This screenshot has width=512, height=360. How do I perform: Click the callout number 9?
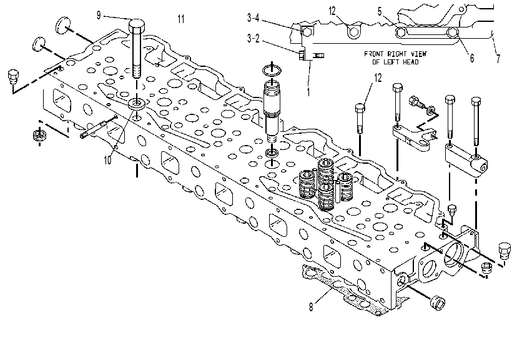pos(99,16)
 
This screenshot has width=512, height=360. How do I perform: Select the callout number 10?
pos(108,160)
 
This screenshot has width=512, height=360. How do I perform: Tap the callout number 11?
pos(181,19)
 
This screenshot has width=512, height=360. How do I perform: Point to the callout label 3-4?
pos(253,17)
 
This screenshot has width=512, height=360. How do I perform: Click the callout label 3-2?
pos(253,38)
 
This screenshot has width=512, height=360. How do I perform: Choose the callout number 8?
pos(311,307)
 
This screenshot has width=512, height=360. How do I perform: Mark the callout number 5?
pos(380,11)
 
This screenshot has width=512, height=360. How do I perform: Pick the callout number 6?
pos(472,58)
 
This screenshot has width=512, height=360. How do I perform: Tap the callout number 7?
pos(498,59)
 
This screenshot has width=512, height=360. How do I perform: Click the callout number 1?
pos(308,92)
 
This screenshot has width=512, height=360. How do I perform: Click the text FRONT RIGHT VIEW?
pos(395,54)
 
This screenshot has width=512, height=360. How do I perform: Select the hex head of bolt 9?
pos(137,26)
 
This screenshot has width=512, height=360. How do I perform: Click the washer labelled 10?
pos(137,104)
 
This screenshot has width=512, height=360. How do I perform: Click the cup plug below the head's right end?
pos(438,302)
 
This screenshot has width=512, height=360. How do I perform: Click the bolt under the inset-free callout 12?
pos(360,118)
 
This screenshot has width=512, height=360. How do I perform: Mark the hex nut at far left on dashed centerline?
pos(39,136)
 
